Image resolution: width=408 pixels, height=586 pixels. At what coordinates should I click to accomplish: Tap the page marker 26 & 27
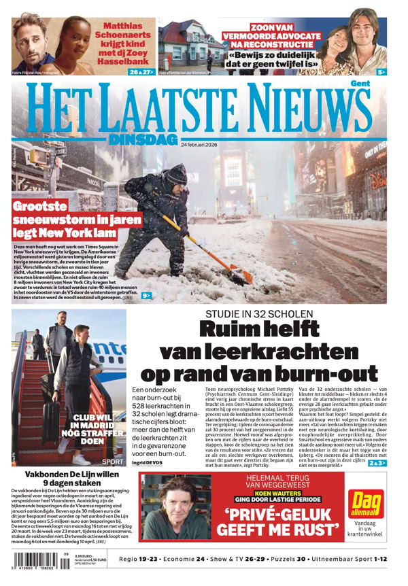click(141, 71)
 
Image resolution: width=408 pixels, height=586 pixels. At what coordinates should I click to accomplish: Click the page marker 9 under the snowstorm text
click(146, 296)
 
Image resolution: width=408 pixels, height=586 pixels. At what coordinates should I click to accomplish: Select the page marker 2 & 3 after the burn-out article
click(377, 463)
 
